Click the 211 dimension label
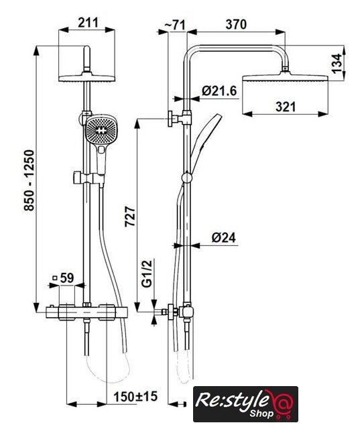88,22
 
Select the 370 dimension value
236,24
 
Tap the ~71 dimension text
175,25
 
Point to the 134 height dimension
337,64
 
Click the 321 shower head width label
286,107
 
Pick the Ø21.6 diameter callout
219,90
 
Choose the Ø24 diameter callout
223,237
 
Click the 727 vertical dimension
130,217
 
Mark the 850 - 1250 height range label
29,180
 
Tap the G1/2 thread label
147,273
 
